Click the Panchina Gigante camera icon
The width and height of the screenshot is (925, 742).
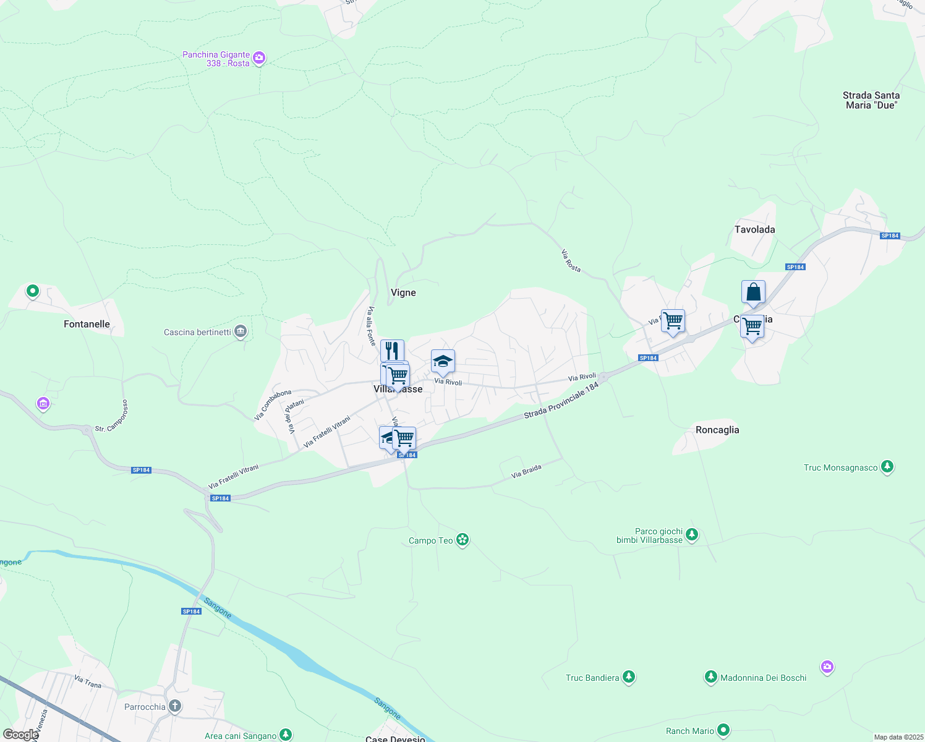click(259, 59)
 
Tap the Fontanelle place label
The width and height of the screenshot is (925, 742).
click(87, 324)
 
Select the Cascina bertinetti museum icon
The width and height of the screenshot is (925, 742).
click(241, 332)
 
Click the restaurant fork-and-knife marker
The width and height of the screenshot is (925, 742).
click(392, 351)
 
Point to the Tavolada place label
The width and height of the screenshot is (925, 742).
click(754, 229)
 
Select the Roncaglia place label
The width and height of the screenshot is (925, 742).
click(717, 430)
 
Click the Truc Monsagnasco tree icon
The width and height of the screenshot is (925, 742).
click(887, 467)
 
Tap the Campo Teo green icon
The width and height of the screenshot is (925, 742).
click(462, 540)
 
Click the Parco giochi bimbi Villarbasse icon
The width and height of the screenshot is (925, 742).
click(692, 535)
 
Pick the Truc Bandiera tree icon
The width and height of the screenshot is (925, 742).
click(629, 678)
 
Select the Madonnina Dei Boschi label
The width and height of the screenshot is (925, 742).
click(763, 678)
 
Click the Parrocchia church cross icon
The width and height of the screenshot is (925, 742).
click(175, 706)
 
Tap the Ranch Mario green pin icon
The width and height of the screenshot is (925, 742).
click(723, 731)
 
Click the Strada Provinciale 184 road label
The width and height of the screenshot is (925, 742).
click(561, 400)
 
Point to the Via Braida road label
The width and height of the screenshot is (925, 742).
click(526, 472)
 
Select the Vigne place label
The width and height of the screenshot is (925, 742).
click(403, 292)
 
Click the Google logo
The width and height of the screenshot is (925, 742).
click(20, 735)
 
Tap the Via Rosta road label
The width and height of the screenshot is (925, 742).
click(571, 260)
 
